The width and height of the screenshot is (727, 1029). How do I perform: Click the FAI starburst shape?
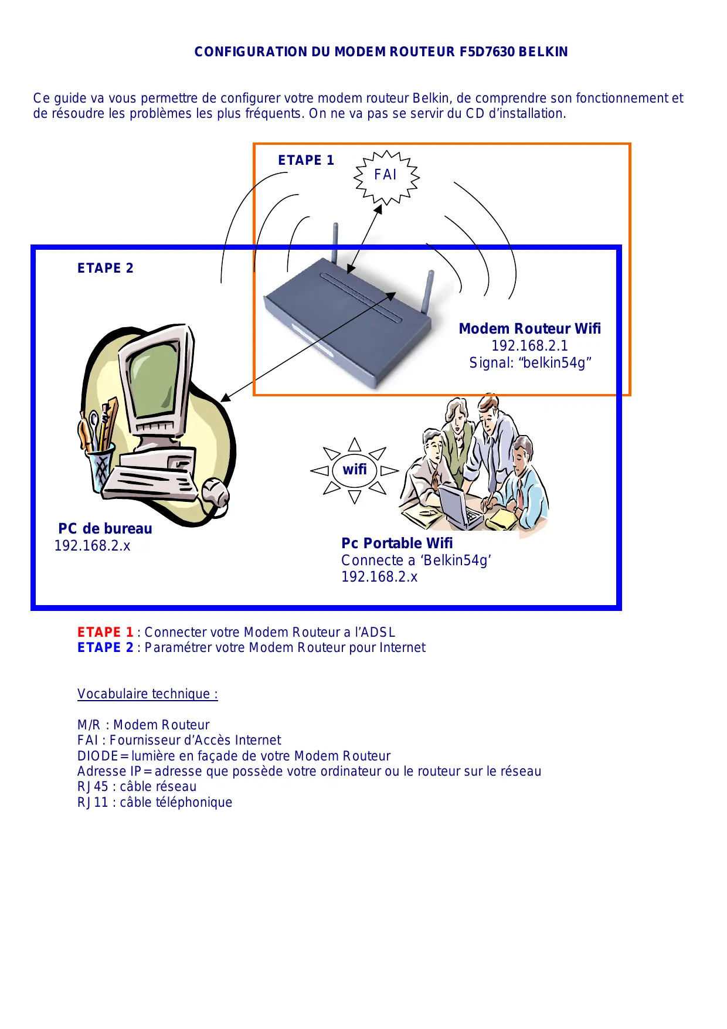386,175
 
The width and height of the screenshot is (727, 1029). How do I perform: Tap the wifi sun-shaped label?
355,470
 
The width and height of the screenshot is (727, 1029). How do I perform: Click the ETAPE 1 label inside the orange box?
305,160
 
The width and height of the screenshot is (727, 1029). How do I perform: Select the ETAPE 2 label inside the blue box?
106,268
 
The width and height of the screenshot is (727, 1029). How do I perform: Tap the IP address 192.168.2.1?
529,346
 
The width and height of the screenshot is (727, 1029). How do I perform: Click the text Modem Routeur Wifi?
529,329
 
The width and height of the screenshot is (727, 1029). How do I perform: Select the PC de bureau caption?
105,529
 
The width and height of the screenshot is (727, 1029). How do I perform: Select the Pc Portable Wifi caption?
397,544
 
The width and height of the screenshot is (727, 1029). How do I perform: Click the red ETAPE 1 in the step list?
106,632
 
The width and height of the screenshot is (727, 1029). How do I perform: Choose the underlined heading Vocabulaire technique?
147,694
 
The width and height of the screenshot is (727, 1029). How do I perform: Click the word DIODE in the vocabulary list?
98,756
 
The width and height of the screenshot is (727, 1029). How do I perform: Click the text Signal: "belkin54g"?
530,363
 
